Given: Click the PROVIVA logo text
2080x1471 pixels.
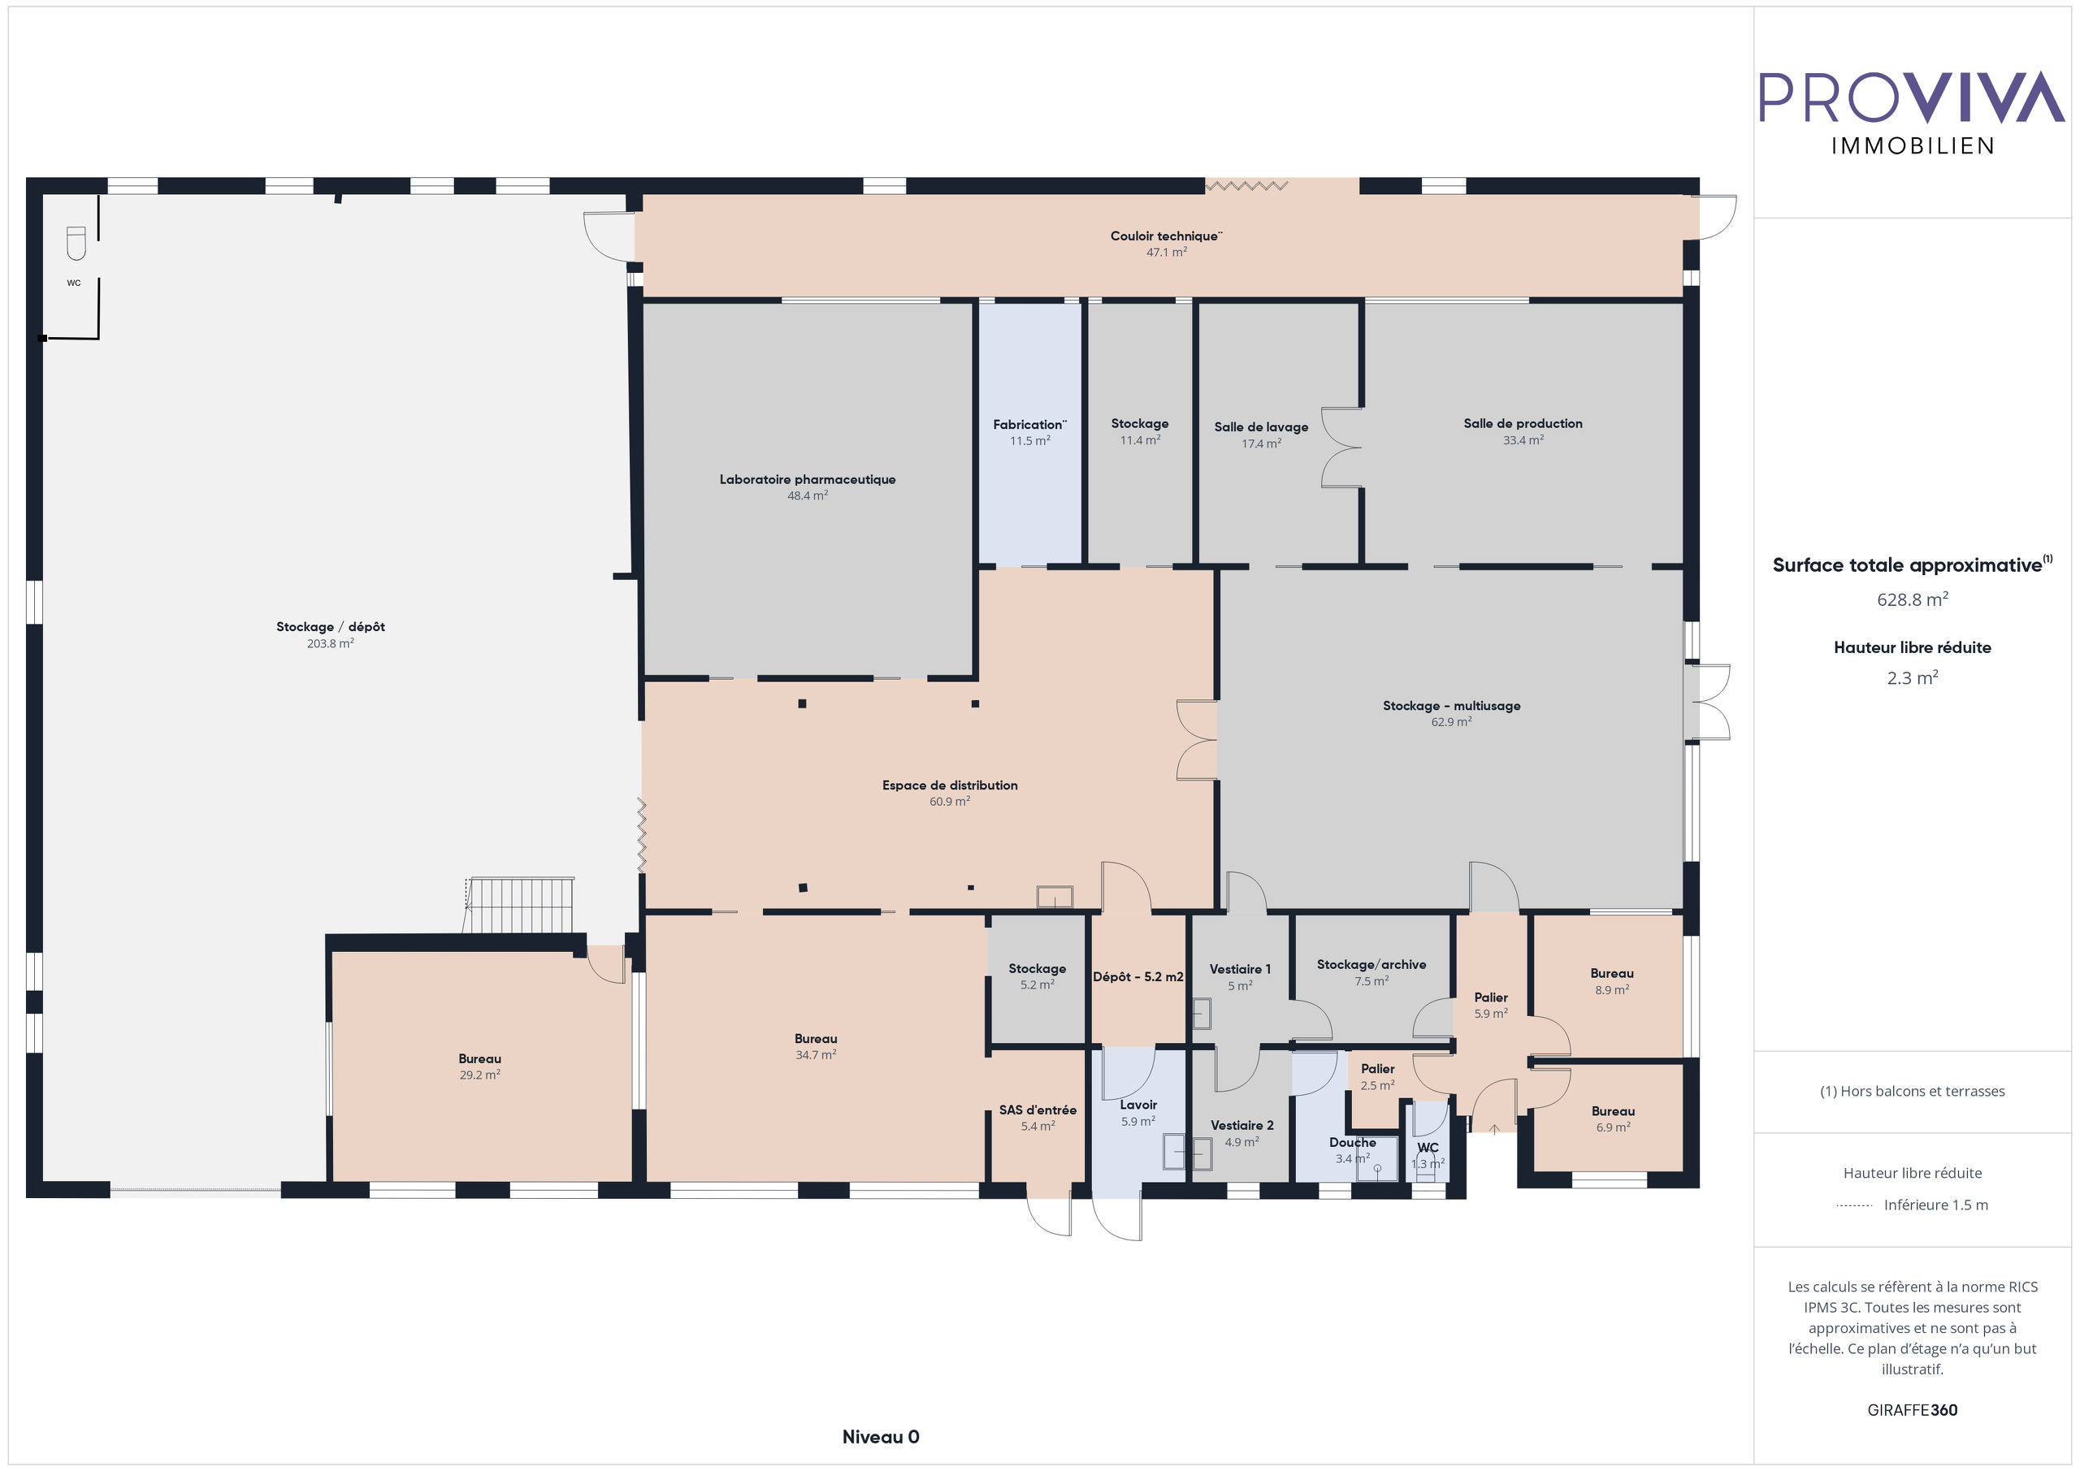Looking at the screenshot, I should [x=1912, y=97].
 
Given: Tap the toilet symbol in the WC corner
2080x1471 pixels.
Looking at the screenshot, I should [x=76, y=243].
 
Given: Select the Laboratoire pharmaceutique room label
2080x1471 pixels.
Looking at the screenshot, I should [x=807, y=479].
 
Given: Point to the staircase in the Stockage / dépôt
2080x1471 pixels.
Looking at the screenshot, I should [x=520, y=905].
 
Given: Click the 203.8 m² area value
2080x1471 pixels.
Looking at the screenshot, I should [x=330, y=644].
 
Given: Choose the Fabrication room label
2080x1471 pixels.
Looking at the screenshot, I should [x=1029, y=425].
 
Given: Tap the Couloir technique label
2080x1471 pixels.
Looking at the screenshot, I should [x=1166, y=236].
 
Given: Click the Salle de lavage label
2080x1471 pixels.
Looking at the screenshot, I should [x=1261, y=427].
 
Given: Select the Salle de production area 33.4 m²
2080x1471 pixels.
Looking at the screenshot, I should [x=1523, y=440].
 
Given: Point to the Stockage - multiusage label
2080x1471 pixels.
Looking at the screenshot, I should [x=1451, y=706].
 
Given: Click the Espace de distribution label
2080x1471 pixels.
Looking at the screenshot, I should [x=950, y=785].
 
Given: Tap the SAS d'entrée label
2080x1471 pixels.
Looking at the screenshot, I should [x=1038, y=1110].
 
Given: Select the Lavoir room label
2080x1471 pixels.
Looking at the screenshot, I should [x=1137, y=1105].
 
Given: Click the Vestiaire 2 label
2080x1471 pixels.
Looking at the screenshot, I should [x=1241, y=1126].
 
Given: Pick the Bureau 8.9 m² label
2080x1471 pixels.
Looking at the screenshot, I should [x=1612, y=974].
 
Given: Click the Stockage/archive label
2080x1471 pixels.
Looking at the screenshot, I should [x=1371, y=965].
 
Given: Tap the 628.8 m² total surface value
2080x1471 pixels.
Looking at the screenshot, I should [x=1912, y=599].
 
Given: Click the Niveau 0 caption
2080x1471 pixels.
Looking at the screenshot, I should [x=880, y=1437].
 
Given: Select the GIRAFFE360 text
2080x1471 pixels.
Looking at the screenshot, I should [x=1912, y=1410].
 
